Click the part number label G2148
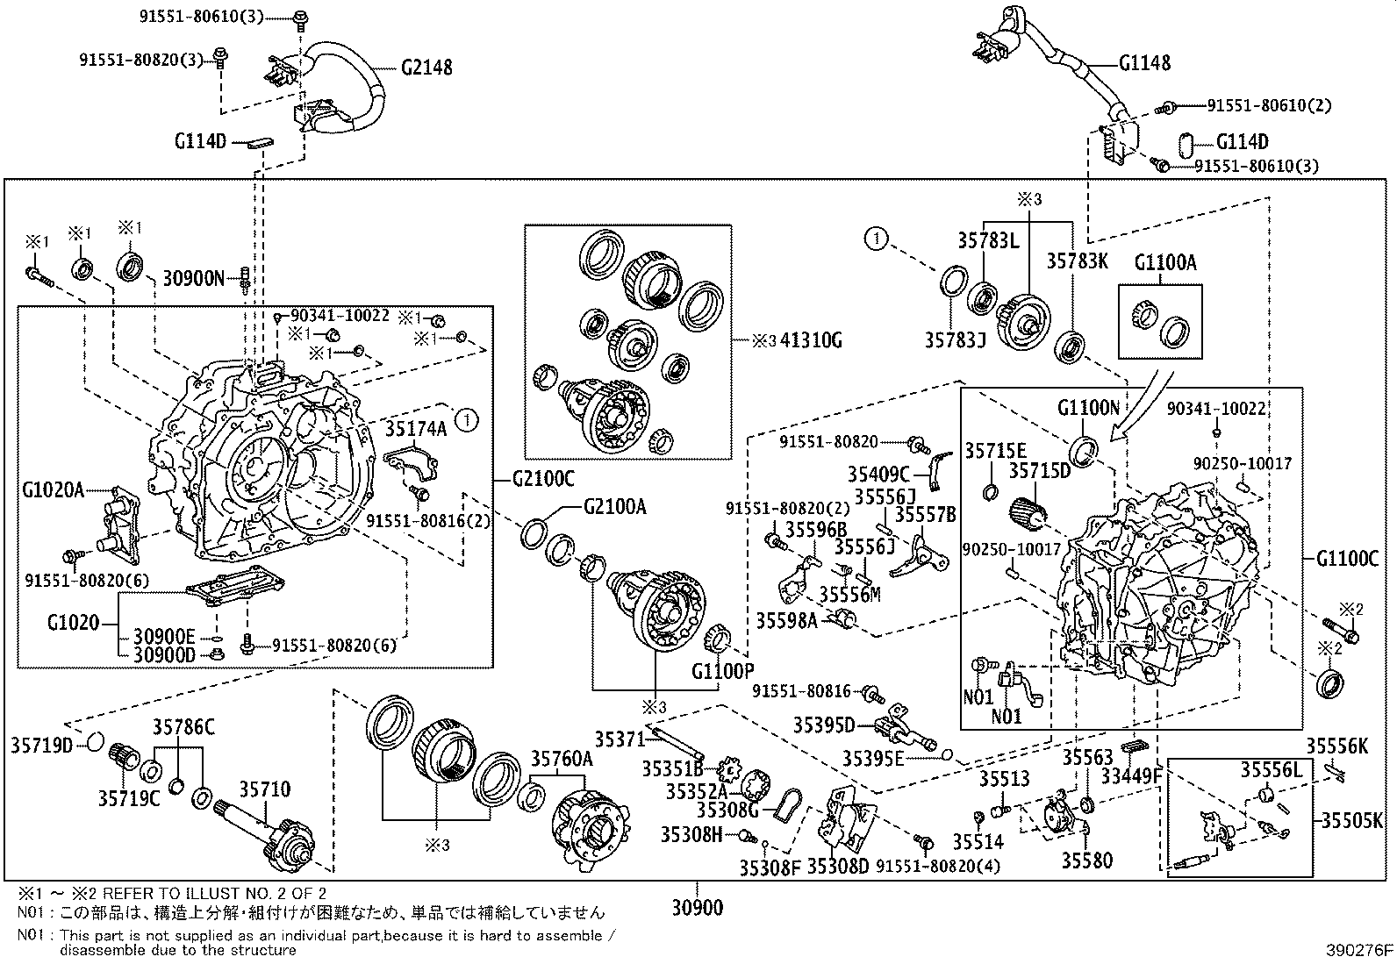click(x=426, y=67)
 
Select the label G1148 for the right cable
click(x=1144, y=63)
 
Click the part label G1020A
click(x=54, y=489)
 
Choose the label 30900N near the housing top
click(x=194, y=279)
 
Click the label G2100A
click(x=614, y=506)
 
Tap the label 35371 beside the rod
click(x=620, y=739)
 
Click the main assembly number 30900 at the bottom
click(x=698, y=907)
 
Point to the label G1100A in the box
click(x=1164, y=262)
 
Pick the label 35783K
click(x=1078, y=261)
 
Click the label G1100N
click(x=1088, y=408)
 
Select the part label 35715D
click(x=1039, y=471)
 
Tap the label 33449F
click(x=1131, y=776)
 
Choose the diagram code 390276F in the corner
click(x=1358, y=950)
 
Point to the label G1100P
click(x=722, y=672)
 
